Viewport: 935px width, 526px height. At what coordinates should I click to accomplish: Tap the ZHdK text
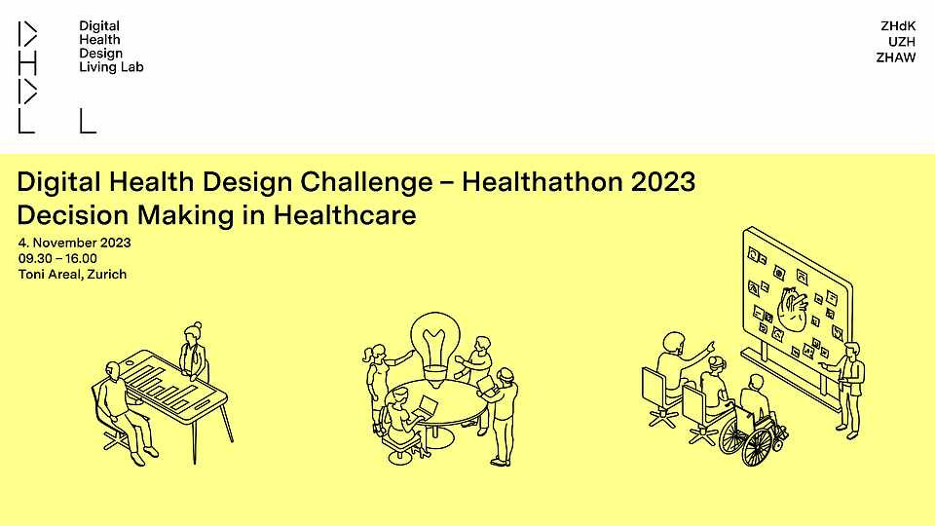coord(898,26)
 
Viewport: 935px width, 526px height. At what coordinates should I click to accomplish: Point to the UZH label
coord(902,42)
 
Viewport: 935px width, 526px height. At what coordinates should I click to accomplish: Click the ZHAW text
coord(896,57)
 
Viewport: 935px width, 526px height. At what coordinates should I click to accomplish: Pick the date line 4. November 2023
coord(75,243)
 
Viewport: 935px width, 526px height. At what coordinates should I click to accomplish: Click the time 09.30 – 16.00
coord(57,258)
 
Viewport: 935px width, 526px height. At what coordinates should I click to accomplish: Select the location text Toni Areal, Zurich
coord(72,275)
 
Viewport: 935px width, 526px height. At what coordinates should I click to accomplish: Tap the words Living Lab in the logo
coord(111,67)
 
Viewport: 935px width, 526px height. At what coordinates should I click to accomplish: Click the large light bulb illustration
coord(434,346)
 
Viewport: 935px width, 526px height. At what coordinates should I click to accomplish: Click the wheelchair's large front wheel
coord(758,447)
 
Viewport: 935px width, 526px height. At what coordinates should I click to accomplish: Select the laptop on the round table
coord(426,407)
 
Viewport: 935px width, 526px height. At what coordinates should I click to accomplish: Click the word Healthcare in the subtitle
coord(345,214)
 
